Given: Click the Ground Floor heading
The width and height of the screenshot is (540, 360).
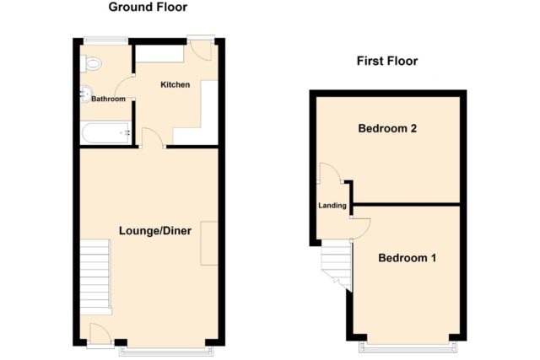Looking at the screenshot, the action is tap(148, 8).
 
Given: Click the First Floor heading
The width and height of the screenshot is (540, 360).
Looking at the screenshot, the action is tap(387, 62).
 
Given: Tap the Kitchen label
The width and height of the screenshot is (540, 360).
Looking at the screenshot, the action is tap(175, 84).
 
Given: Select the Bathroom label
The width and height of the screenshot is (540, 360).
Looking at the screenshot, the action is tap(108, 99).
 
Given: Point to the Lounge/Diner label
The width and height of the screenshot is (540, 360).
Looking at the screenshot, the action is tap(155, 231).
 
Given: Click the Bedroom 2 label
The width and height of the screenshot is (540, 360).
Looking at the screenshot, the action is tap(387, 128).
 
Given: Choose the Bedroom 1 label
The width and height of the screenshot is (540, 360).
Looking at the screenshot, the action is tap(407, 258).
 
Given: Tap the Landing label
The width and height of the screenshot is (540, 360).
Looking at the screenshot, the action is tap(332, 206).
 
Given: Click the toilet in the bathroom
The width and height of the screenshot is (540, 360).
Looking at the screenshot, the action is tap(90, 64).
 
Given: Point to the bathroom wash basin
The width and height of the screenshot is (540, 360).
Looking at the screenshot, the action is tap(86, 94).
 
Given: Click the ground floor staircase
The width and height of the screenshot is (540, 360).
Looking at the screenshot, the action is tap(95, 277).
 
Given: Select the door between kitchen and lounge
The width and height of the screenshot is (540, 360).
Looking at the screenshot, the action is tap(153, 137).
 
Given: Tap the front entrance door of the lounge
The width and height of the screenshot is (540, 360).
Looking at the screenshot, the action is tap(100, 334).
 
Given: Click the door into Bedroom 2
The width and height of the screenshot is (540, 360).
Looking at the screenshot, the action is tap(330, 173).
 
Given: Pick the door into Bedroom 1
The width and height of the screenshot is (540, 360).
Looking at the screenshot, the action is tap(360, 228).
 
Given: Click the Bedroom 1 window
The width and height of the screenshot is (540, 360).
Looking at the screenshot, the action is tap(408, 347).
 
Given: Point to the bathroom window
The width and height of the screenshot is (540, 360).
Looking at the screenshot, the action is tap(105, 40).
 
